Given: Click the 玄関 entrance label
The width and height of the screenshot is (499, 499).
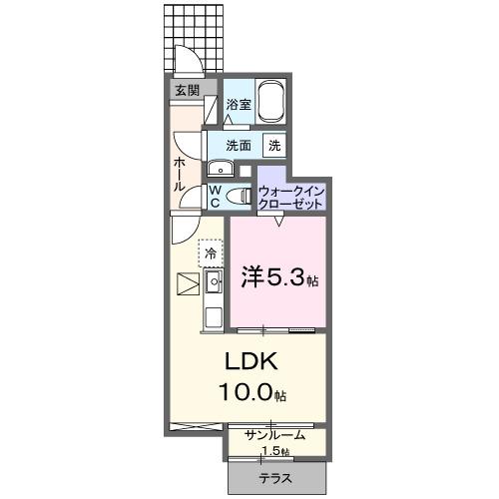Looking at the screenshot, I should coord(186,90).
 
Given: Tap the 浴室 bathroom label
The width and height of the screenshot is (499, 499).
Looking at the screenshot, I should coord(238,104).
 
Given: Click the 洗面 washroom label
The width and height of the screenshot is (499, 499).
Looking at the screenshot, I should coord(238,145).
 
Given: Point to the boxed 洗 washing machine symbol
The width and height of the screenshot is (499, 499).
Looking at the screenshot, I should coord(272,145).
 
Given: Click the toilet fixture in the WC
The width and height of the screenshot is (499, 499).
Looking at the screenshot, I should coord(237,196).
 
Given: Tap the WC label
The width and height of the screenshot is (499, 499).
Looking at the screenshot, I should coord(214,196).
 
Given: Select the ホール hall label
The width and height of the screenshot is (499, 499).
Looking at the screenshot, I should coord(180,173).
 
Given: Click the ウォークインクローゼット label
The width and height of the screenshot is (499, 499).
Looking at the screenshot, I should coord(291,196).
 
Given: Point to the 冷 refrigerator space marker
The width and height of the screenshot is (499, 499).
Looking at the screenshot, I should coord(211,253).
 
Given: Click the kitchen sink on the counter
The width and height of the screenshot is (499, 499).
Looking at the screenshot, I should coord(214,283).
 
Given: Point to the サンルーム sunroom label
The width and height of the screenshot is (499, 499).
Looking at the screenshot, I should coord(276,435).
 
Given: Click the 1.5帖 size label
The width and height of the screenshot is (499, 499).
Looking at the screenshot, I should coord(276,451).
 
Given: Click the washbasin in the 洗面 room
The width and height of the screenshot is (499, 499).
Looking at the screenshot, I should coord(219,168).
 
